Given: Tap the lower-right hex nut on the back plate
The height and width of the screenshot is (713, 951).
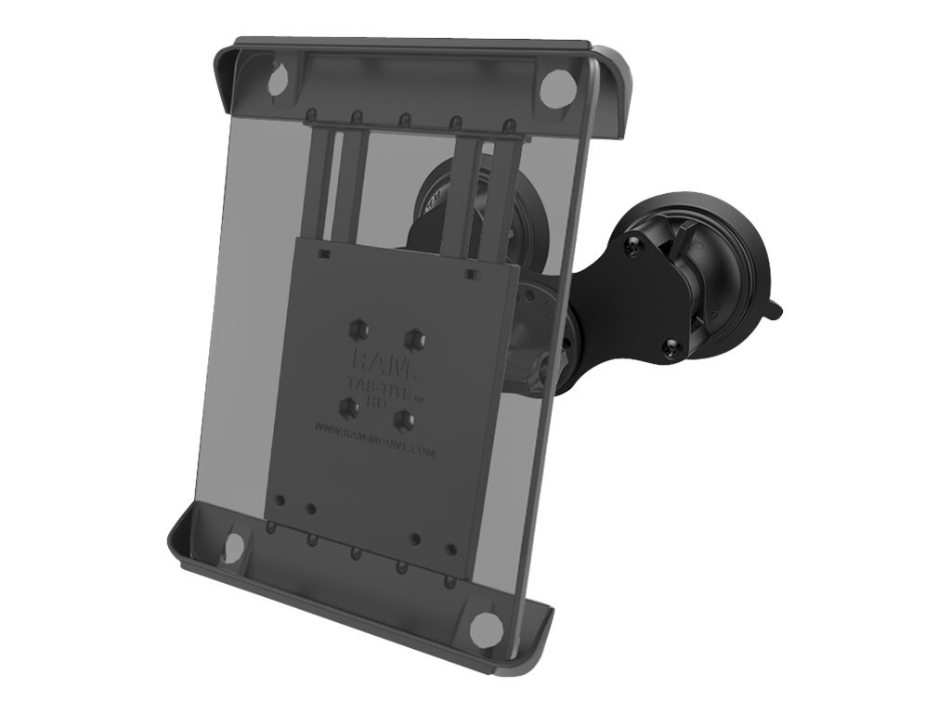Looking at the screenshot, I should tap(403, 420).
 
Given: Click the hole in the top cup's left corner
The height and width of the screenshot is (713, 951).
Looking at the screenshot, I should tap(277, 82).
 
